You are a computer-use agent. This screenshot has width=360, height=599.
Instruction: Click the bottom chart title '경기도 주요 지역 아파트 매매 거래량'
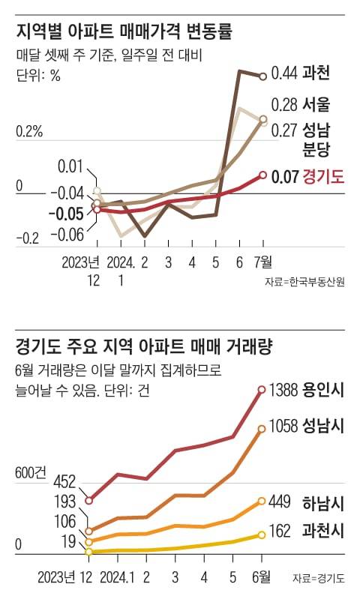tap(143, 347)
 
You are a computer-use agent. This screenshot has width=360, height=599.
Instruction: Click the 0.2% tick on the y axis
tap(29, 132)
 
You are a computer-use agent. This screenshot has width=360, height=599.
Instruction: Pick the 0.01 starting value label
tap(69, 166)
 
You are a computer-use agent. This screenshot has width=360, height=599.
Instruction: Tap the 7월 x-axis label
tap(263, 262)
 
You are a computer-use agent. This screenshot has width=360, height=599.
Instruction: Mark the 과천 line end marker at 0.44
tap(263, 76)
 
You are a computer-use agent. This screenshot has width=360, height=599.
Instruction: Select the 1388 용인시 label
tap(307, 390)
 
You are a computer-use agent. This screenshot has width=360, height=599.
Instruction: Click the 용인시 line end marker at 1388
tap(262, 389)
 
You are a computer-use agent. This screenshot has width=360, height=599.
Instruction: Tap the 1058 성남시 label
tap(307, 427)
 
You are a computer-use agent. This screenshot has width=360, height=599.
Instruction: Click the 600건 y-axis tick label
tap(30, 473)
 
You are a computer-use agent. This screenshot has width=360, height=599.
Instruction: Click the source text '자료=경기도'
tap(319, 578)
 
